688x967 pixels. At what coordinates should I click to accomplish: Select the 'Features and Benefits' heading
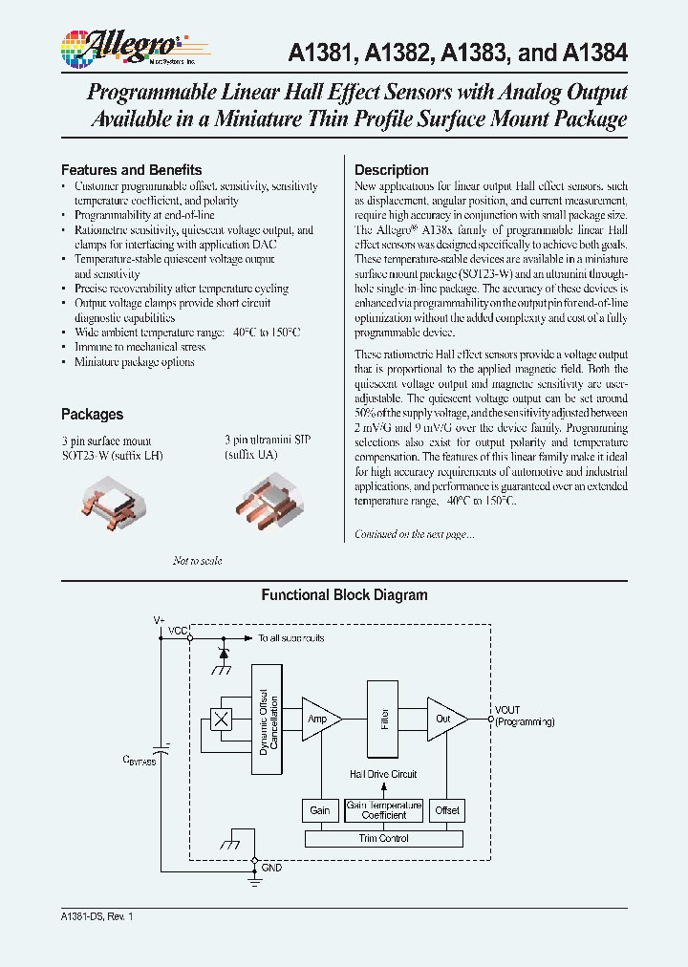pos(131,170)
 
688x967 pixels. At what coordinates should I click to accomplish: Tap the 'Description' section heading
pos(392,170)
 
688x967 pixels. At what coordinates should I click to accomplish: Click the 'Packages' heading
pos(92,414)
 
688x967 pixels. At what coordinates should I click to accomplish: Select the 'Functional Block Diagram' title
pos(344,594)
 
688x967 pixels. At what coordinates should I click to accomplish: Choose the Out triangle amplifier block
pos(444,719)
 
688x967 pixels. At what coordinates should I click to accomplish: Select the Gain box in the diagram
pos(319,809)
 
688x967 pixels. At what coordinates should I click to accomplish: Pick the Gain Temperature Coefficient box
pos(383,809)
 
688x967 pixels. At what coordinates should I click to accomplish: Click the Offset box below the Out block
pos(446,809)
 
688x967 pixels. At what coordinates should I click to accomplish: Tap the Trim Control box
pos(383,838)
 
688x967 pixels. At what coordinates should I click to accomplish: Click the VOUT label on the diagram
pos(508,710)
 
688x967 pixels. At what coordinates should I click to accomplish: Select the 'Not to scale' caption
pos(197,561)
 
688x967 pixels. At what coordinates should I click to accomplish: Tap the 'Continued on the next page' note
pos(414,534)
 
